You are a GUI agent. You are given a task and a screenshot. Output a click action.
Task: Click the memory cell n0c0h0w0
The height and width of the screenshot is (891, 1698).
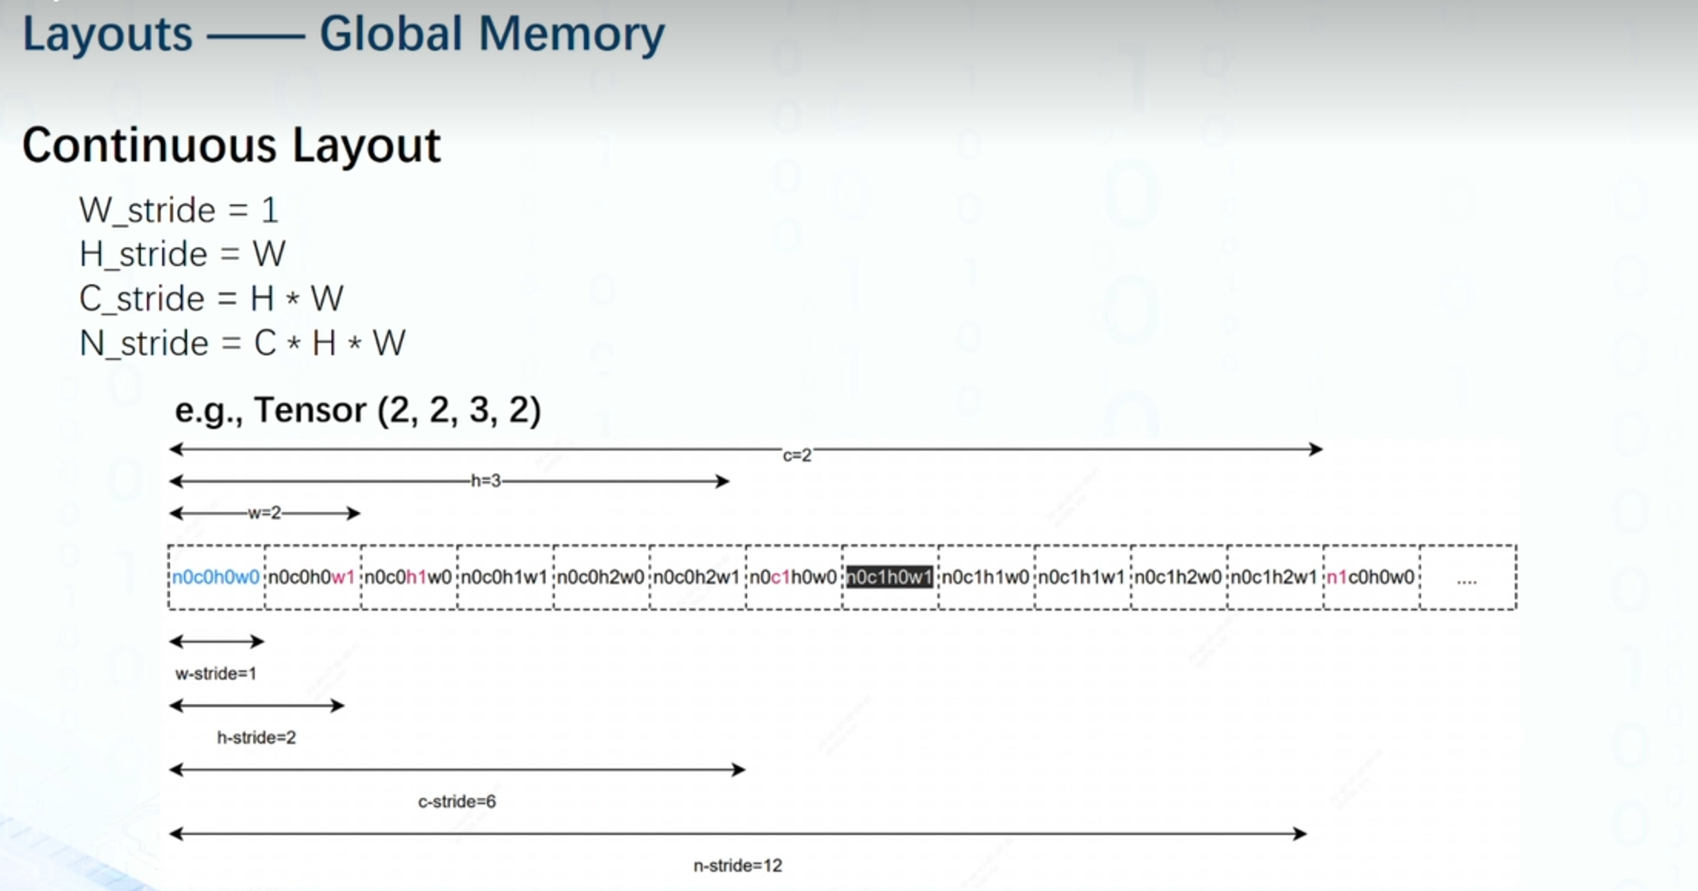[x=215, y=577]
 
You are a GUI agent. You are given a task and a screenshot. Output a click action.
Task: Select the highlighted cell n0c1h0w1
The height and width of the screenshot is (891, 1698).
[x=889, y=577]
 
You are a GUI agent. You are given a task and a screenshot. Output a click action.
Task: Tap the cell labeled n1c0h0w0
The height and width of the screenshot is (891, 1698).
[x=1370, y=577]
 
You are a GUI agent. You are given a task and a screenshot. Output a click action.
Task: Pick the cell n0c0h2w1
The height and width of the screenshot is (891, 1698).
[x=696, y=577]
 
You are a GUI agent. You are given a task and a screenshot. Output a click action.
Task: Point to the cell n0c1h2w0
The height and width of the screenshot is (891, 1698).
[x=1178, y=577]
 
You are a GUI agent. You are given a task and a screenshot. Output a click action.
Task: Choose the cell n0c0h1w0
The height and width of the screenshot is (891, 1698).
[x=408, y=577]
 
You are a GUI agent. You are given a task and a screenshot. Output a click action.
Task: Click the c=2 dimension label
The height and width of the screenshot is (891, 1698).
[x=797, y=456]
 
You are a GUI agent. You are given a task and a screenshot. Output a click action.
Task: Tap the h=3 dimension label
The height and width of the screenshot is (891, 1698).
[x=485, y=481]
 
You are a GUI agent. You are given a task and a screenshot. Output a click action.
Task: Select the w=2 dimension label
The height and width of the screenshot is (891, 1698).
[x=265, y=513]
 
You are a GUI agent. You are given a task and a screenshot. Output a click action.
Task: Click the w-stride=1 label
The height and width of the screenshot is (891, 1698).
[x=215, y=674]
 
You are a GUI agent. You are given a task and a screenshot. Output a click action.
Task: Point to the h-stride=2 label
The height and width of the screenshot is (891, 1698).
[x=256, y=738]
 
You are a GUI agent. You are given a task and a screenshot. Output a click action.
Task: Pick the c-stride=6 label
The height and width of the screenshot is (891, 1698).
[x=457, y=802]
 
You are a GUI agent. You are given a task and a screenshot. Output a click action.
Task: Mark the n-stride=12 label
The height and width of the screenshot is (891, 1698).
[x=737, y=866]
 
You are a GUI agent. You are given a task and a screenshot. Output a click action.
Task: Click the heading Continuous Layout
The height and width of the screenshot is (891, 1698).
[x=231, y=145]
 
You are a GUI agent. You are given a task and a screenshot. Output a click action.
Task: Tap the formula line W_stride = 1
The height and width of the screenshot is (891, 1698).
[x=178, y=211]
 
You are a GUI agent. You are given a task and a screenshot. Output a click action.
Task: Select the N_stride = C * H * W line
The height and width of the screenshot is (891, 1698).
[x=242, y=344]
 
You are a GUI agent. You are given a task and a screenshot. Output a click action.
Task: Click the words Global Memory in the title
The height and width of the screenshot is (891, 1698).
[x=492, y=35]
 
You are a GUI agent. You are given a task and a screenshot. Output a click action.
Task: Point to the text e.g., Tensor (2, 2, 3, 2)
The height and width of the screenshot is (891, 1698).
[x=358, y=411]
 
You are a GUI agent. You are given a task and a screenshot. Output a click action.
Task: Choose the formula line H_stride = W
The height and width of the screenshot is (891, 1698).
[x=182, y=254]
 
